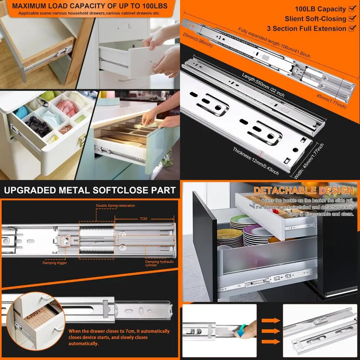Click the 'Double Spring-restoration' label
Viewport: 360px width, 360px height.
[x=115, y=206]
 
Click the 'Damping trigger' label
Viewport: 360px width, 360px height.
[x=55, y=263]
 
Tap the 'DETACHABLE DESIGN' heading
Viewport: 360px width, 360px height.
[x=303, y=190]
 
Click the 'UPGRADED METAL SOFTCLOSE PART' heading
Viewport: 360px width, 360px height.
[x=90, y=190]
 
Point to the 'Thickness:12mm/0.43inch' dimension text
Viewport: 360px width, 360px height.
[x=256, y=161]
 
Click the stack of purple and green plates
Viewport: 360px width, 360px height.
[x=256, y=234]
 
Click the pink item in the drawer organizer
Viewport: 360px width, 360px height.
[x=67, y=108]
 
